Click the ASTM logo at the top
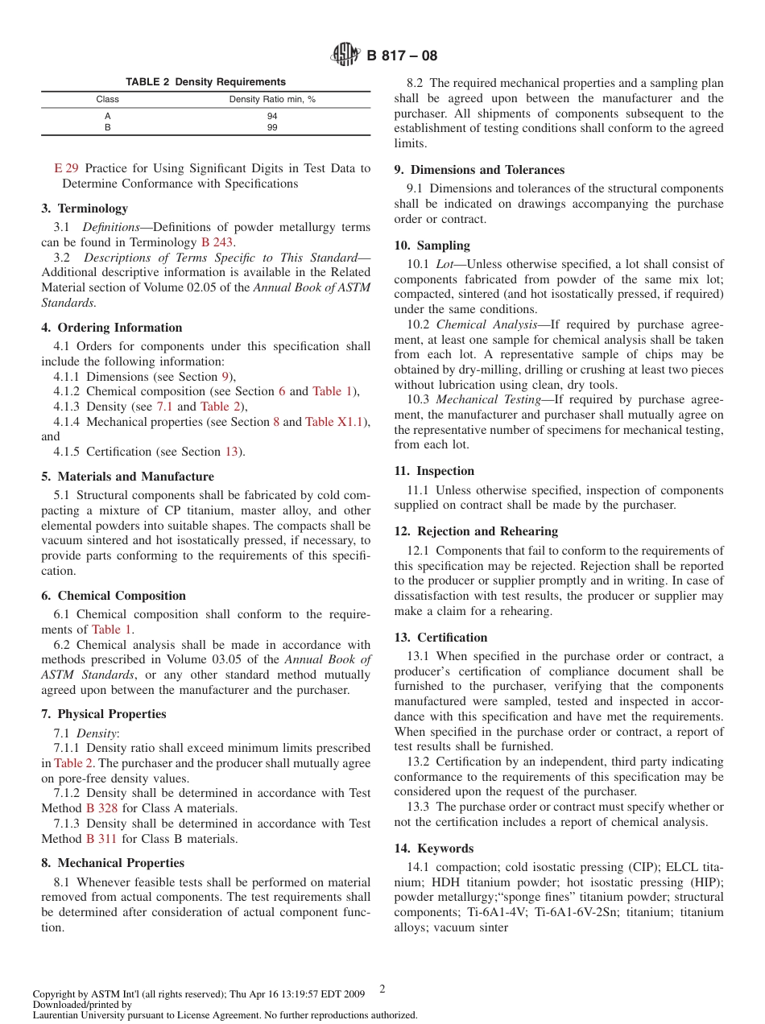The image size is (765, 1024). tap(346, 56)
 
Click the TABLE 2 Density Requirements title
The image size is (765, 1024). tap(205, 82)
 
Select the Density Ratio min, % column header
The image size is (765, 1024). tap(272, 100)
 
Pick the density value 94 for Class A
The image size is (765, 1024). tap(272, 116)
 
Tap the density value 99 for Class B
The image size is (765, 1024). tap(272, 127)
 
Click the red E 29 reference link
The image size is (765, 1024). tap(66, 168)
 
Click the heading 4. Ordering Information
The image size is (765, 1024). tap(111, 328)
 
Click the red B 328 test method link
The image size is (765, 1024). tap(102, 808)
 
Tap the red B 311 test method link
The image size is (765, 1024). tap(101, 839)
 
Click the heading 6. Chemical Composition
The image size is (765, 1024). tap(114, 596)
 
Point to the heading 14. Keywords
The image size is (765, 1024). tap(433, 849)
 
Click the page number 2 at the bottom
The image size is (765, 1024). tap(382, 988)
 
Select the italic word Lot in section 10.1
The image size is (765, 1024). tap(445, 264)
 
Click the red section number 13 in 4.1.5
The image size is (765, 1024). tap(231, 452)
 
